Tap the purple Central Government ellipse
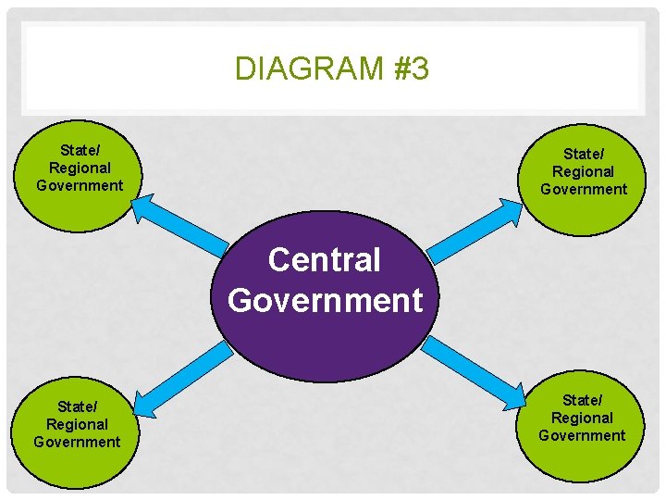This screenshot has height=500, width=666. [325, 343]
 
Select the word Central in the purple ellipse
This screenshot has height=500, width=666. [324, 260]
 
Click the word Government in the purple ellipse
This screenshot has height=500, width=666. [325, 300]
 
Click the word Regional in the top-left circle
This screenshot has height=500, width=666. [80, 168]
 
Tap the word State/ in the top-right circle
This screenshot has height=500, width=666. [583, 154]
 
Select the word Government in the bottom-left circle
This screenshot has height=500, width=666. [77, 442]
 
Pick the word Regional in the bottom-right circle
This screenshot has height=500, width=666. [582, 418]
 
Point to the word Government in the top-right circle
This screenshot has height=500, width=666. [584, 189]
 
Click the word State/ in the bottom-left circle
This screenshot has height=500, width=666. [77, 406]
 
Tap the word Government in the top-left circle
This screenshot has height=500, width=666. [80, 185]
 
